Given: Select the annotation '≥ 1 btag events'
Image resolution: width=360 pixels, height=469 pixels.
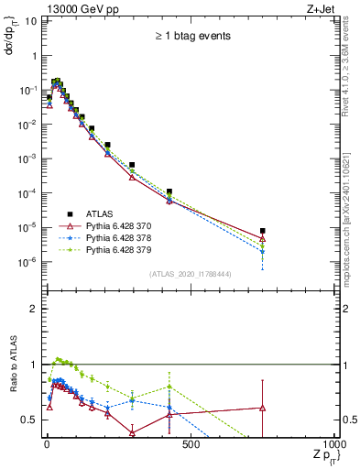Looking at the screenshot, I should (x=191, y=37).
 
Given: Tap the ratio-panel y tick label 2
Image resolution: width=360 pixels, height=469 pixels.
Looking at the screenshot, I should (x=34, y=309).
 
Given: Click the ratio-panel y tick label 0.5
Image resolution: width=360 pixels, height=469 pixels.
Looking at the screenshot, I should (x=30, y=420).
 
